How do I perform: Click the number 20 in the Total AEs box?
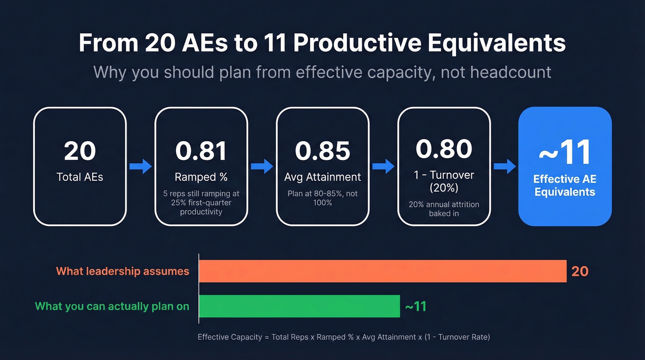(x=80, y=151)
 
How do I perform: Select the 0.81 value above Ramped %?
(x=201, y=151)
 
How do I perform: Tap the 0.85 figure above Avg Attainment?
(x=322, y=151)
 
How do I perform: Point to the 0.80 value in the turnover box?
(x=444, y=148)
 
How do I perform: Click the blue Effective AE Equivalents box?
(x=565, y=166)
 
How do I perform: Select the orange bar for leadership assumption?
(x=382, y=271)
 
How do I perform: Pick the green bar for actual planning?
(x=299, y=306)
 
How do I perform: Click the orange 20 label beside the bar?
(x=580, y=271)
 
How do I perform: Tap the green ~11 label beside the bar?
(x=415, y=307)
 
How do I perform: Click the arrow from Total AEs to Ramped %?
(x=141, y=166)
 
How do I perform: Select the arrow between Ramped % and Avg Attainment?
(x=262, y=166)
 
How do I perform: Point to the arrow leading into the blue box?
(x=504, y=166)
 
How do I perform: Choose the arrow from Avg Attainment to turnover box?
(x=383, y=166)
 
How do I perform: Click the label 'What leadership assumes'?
(x=123, y=271)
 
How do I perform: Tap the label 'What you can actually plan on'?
(x=112, y=307)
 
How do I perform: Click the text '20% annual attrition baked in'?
(x=444, y=209)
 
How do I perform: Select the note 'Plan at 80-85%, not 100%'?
(x=322, y=198)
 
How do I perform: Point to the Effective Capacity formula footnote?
(x=344, y=337)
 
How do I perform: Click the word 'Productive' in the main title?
(x=357, y=43)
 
